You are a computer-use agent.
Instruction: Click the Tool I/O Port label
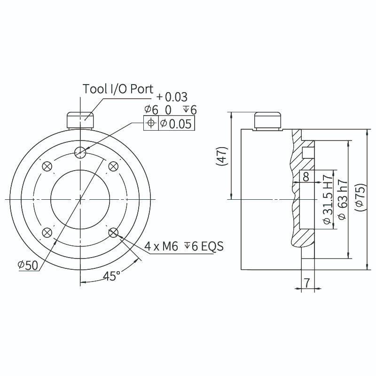click(118, 89)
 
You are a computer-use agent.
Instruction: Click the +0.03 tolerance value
click(172, 97)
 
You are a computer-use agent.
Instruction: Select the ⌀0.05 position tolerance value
click(176, 124)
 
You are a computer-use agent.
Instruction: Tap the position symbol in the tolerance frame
click(151, 123)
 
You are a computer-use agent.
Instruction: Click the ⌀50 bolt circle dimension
click(28, 265)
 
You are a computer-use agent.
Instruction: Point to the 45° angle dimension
click(111, 276)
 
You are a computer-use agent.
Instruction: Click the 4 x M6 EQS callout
click(184, 246)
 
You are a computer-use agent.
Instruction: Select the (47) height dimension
click(221, 156)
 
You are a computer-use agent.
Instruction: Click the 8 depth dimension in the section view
click(306, 177)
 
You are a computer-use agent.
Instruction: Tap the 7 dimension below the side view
click(307, 283)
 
